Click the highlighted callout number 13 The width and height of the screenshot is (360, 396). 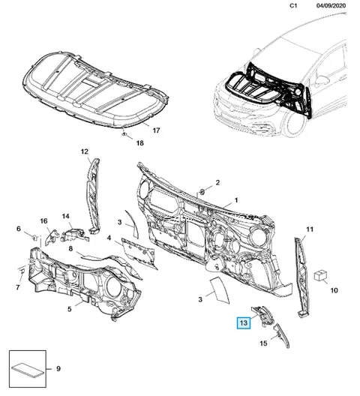(x=244, y=322)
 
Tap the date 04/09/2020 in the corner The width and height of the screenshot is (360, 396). (x=331, y=5)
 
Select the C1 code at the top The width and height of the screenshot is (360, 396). (x=293, y=5)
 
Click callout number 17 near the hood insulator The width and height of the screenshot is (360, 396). (x=157, y=130)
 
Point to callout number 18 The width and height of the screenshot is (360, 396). (x=139, y=143)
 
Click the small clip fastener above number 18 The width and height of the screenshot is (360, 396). (x=124, y=134)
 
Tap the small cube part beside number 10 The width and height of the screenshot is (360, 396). (x=320, y=275)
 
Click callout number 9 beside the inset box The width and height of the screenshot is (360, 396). (x=58, y=369)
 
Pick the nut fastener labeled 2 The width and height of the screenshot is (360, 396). (x=202, y=192)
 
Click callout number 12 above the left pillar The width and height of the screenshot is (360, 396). (x=85, y=151)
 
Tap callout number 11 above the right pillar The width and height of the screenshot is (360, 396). (x=310, y=229)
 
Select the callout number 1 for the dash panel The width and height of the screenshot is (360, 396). (x=236, y=200)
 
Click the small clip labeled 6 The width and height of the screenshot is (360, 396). (x=34, y=237)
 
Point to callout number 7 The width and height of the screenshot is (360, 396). (x=18, y=287)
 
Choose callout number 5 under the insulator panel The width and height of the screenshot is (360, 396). (x=70, y=309)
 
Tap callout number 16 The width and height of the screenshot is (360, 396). (x=43, y=221)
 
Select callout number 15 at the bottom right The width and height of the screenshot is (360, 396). (x=263, y=343)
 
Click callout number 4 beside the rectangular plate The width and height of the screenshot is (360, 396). (x=109, y=238)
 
